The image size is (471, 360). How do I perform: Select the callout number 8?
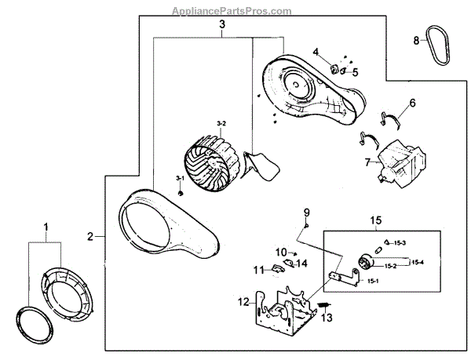[416, 41]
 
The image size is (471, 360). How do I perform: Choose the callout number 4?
[316, 53]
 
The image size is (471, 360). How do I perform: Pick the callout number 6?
[412, 102]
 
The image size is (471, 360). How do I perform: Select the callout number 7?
[366, 162]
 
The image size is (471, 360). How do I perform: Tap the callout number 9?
[307, 212]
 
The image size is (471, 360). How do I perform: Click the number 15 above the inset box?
[375, 221]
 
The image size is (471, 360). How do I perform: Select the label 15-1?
[393, 280]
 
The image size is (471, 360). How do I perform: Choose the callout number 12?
[243, 300]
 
